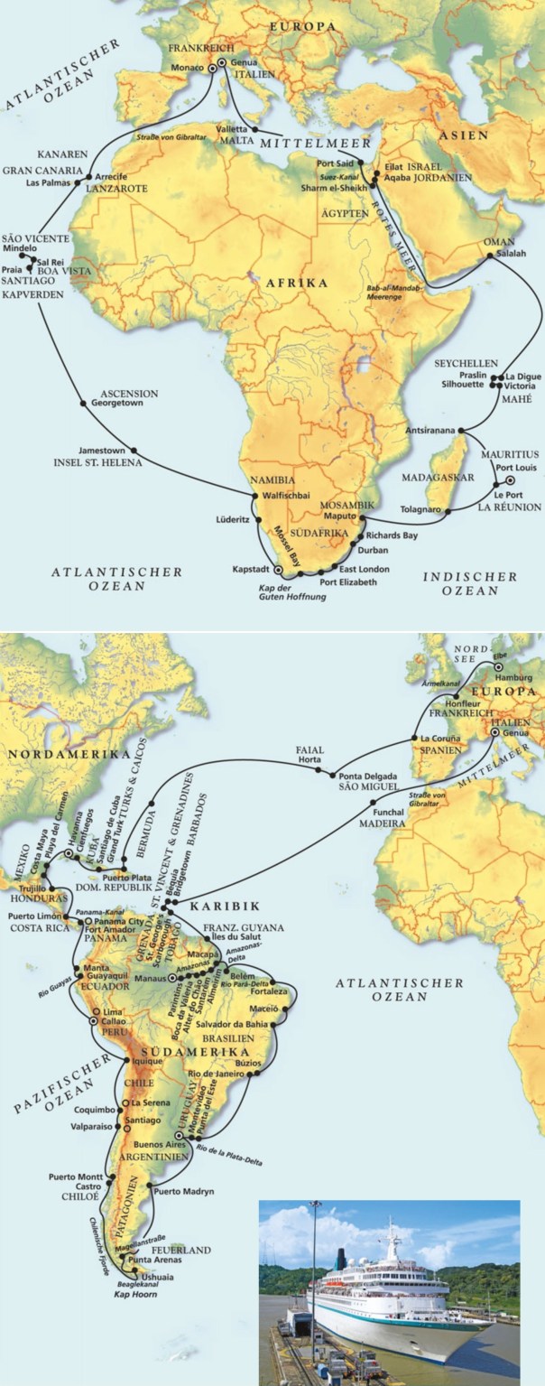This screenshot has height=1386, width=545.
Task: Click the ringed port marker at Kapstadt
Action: coord(278,571)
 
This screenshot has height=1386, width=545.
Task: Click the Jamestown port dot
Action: coord(134,450)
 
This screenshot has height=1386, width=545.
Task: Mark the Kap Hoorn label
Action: coord(133,1294)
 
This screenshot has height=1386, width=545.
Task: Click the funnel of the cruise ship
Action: coord(342,1258)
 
